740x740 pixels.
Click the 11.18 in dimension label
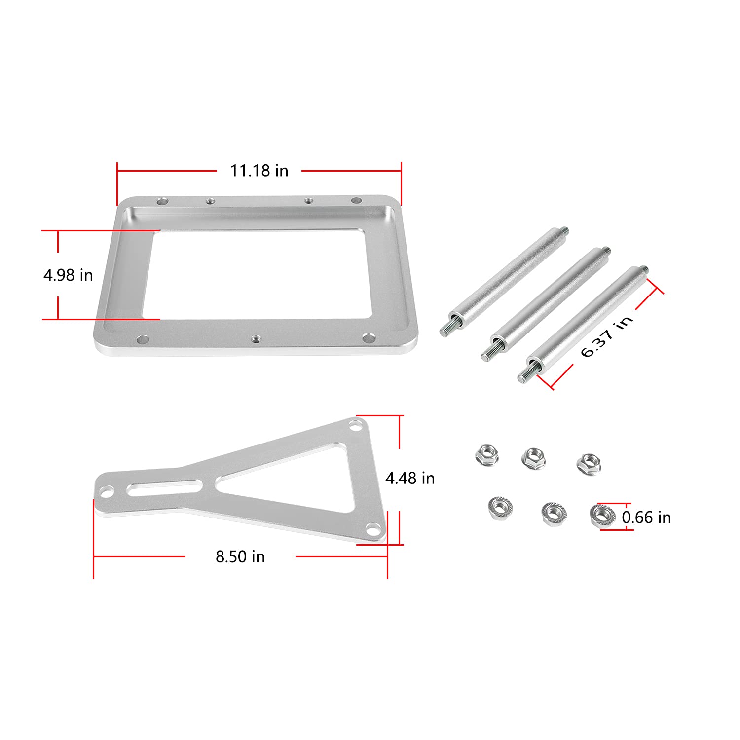pos(259,171)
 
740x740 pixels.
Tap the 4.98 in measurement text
pos(68,275)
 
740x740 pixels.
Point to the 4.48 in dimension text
pos(410,478)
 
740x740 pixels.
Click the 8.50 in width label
pos(240,556)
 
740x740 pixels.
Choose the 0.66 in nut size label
pos(646,518)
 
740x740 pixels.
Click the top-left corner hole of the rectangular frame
pos(162,201)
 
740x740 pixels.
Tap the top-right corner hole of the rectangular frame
pos(356,200)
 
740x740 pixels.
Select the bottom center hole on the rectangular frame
pos(256,339)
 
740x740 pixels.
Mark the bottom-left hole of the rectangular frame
pos(143,339)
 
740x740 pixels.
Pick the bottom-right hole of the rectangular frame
pos(368,338)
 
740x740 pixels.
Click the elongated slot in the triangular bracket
pos(164,488)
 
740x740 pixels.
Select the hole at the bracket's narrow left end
pos(107,491)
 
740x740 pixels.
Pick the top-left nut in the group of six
pos(487,454)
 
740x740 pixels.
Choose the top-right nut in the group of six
pos(589,463)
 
